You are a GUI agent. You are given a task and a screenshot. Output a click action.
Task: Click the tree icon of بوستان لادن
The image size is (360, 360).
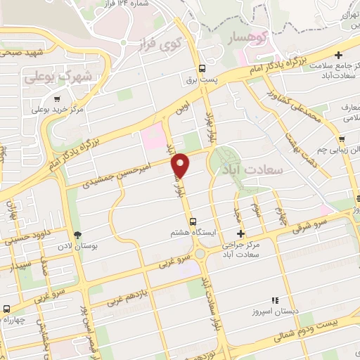[x=77, y=235]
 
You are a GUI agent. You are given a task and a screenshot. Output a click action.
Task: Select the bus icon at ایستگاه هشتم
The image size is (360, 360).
[x=202, y=220]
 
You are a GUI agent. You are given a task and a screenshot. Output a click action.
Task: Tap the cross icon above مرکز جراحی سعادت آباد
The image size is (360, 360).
[x=240, y=234]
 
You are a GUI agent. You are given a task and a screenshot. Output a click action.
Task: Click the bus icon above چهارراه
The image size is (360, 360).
[x=6, y=309]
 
